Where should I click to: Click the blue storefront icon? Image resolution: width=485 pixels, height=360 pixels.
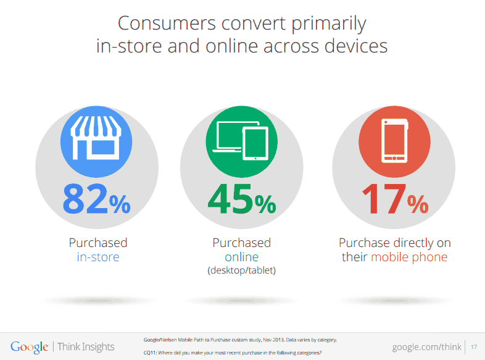pyautogui.click(x=96, y=142)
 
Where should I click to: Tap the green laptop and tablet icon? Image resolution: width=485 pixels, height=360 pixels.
pyautogui.click(x=241, y=142)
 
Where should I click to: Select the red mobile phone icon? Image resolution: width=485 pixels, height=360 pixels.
pyautogui.click(x=394, y=142)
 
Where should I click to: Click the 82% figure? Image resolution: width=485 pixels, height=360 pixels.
pyautogui.click(x=96, y=199)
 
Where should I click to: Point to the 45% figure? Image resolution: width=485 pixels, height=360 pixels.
pyautogui.click(x=242, y=199)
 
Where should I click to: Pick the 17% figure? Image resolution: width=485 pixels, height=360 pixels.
pyautogui.click(x=395, y=199)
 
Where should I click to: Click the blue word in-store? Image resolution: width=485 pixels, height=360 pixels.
pyautogui.click(x=98, y=257)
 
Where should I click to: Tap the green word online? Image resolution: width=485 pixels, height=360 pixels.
pyautogui.click(x=241, y=257)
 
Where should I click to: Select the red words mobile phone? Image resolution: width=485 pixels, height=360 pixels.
pyautogui.click(x=409, y=257)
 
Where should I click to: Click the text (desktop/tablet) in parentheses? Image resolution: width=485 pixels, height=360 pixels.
pyautogui.click(x=241, y=270)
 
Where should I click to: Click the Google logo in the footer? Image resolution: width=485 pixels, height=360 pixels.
pyautogui.click(x=30, y=347)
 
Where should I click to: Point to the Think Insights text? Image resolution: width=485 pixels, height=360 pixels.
pyautogui.click(x=86, y=346)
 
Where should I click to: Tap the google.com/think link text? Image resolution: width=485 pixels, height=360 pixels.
pyautogui.click(x=426, y=347)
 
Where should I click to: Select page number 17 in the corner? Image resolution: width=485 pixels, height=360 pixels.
pyautogui.click(x=474, y=346)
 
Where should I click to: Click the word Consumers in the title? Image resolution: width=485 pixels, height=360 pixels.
pyautogui.click(x=167, y=23)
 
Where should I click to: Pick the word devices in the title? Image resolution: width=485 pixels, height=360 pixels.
pyautogui.click(x=356, y=46)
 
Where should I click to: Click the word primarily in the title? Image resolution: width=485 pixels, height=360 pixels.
pyautogui.click(x=329, y=24)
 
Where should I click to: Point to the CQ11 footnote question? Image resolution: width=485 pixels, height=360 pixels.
pyautogui.click(x=233, y=353)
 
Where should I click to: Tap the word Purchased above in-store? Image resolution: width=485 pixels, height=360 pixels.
pyautogui.click(x=98, y=243)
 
